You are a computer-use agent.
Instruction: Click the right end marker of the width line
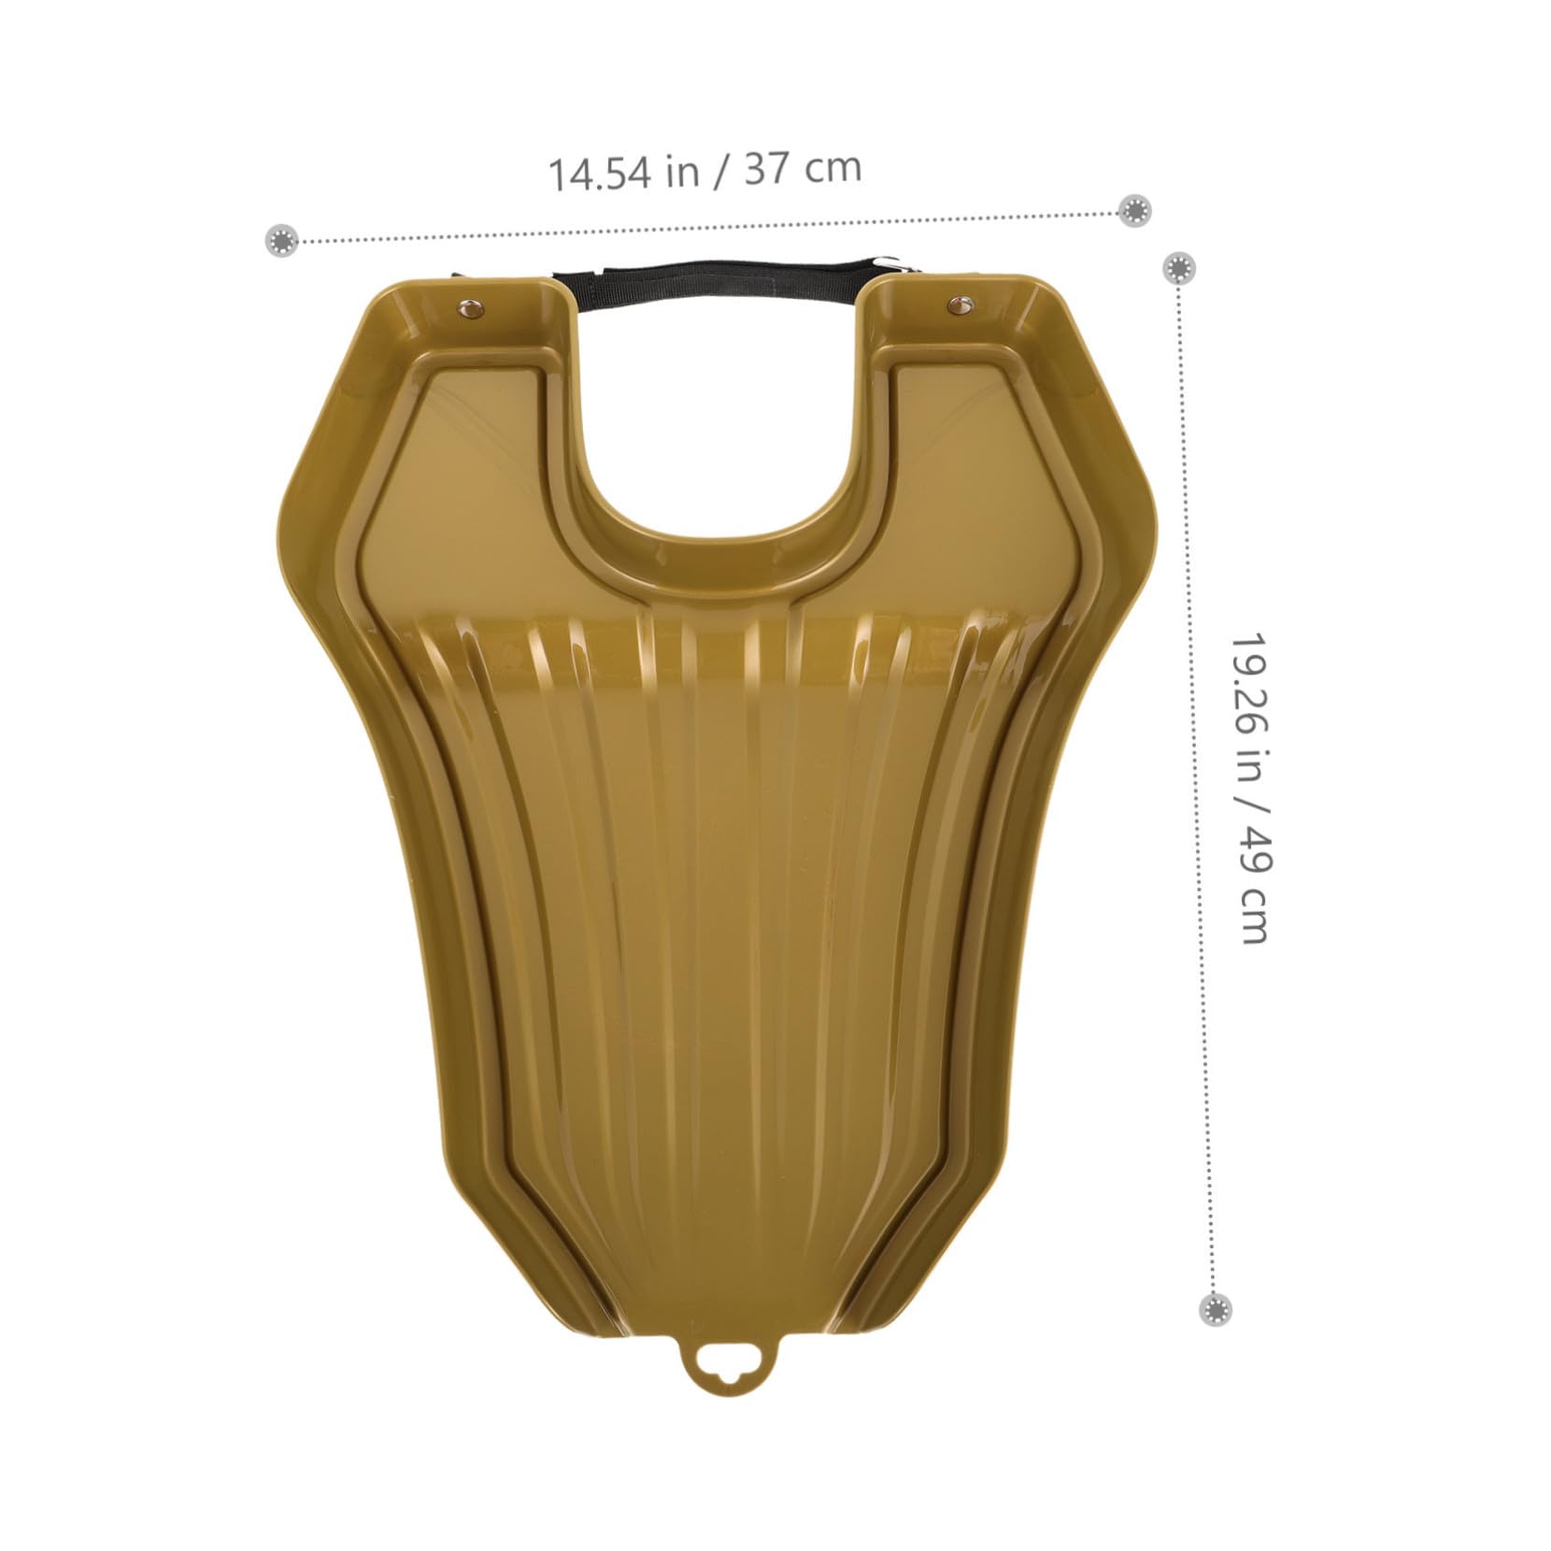tap(1135, 210)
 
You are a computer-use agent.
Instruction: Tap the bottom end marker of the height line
tap(1215, 1309)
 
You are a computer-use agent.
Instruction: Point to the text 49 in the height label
tap(1251, 846)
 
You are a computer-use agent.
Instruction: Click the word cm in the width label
tap(833, 168)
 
